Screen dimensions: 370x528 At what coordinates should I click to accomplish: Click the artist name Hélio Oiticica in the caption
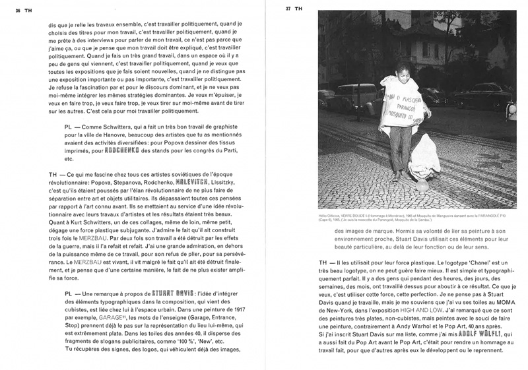pos(328,214)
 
